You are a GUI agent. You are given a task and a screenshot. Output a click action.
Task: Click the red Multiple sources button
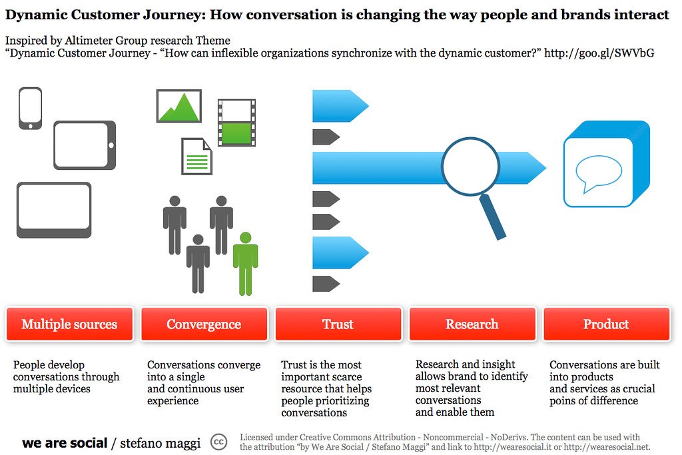coord(69,324)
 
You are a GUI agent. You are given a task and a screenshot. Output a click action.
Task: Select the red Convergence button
coord(204,324)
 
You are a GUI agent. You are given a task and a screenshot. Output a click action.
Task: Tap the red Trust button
coord(338,324)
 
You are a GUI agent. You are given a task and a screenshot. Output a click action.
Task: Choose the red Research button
coord(472,324)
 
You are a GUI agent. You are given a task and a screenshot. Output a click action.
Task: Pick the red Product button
coord(606,324)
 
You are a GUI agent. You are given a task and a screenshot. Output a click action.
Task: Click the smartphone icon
coord(30,108)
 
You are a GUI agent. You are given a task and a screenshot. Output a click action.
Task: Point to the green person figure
coord(245,264)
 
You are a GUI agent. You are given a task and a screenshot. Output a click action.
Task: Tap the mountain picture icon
coord(178,106)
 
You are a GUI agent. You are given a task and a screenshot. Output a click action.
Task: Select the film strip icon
coord(236,123)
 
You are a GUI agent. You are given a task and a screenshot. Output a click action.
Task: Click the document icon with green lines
coord(196,157)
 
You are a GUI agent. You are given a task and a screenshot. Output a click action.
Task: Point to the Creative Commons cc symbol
coord(218,442)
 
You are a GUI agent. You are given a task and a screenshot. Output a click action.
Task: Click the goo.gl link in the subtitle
coord(599,53)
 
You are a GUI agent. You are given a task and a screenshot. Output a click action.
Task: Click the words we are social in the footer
coord(64,443)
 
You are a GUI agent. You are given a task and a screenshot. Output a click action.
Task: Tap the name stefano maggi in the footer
coord(160,443)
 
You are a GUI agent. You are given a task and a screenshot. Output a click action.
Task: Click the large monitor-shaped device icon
coord(53,209)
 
